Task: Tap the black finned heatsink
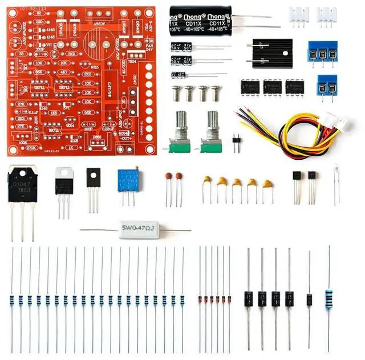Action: point(271,53)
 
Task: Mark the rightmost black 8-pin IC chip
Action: point(294,87)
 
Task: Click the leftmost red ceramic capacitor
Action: point(169,177)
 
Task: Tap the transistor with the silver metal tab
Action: point(63,183)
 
